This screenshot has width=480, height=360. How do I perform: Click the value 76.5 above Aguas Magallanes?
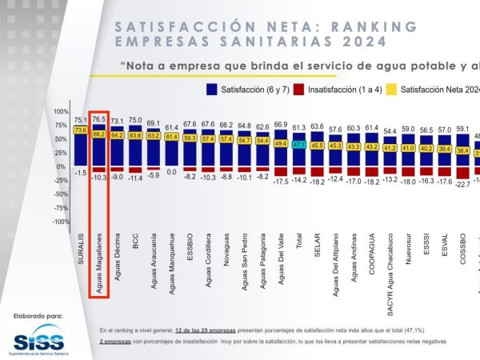[99, 118]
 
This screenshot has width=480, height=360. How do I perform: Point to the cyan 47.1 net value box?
[299, 145]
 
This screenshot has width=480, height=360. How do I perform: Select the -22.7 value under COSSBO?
[462, 184]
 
